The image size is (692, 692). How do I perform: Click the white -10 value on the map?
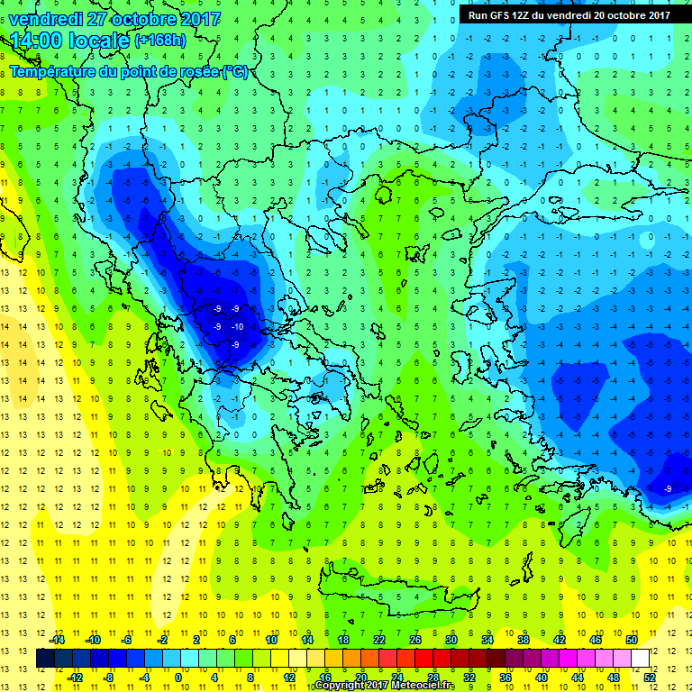[x=237, y=326]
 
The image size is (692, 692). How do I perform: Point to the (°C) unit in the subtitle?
[x=235, y=71]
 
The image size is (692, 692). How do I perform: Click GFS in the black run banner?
[x=497, y=14]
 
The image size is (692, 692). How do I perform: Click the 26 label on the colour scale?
[x=414, y=639]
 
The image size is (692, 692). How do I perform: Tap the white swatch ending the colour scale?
[x=640, y=659]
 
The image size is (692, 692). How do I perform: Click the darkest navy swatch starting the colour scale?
[x=45, y=659]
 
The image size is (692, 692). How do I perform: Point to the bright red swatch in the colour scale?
[x=423, y=659]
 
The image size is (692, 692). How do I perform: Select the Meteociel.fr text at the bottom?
[x=423, y=686]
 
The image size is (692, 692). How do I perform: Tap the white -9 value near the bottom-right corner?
[x=668, y=488]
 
